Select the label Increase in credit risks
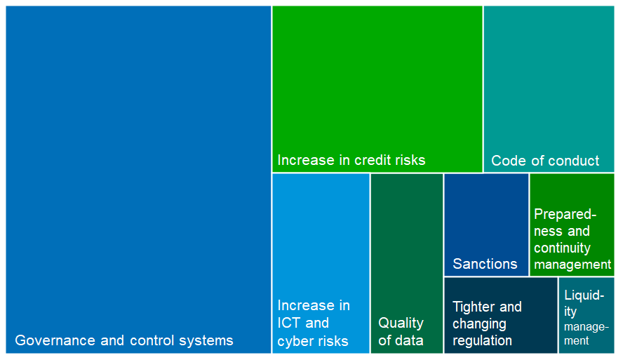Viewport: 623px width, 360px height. point(351,160)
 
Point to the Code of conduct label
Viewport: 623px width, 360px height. point(545,161)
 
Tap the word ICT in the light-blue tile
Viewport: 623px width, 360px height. point(290,324)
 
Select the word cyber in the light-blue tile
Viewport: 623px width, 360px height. point(295,342)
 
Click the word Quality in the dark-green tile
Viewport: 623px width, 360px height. point(401,324)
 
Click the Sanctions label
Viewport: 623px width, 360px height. point(485,264)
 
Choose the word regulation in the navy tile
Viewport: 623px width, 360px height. point(482,341)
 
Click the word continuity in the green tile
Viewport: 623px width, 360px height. point(562,248)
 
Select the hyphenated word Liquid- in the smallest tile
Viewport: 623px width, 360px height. point(584,295)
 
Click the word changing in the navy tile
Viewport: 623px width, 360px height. point(479,324)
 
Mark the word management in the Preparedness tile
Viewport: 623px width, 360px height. point(572,265)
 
